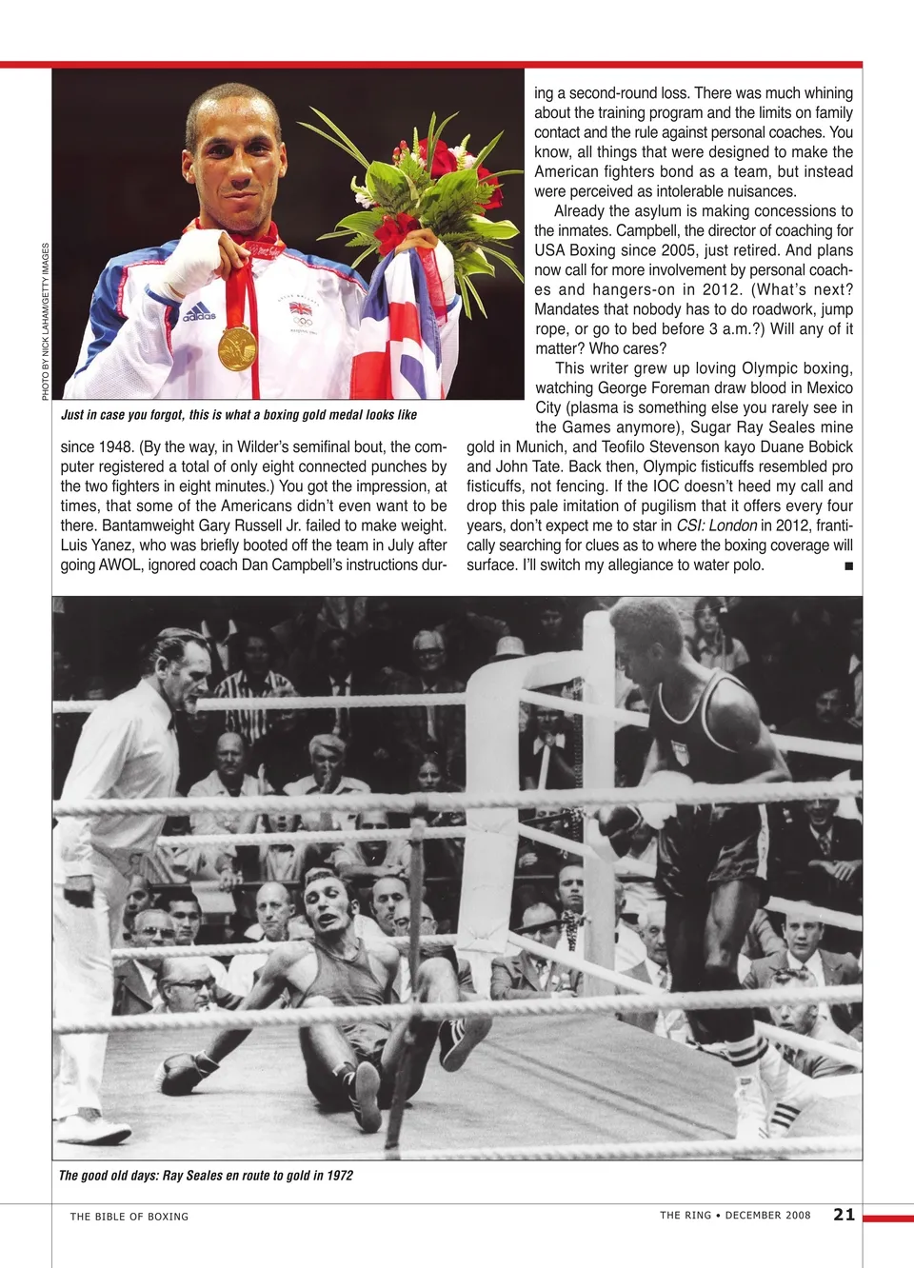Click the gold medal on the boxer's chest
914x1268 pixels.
tap(237, 347)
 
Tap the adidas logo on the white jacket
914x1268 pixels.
tap(200, 312)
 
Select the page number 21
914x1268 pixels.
tap(844, 1214)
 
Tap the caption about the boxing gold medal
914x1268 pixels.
tap(239, 415)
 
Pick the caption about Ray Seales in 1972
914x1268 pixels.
tap(206, 1176)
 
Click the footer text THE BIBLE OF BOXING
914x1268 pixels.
tap(129, 1217)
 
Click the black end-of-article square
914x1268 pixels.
tap(848, 566)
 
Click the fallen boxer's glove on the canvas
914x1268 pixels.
tap(184, 1073)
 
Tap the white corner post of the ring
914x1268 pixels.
tap(598, 723)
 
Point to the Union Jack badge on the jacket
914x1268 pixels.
tap(301, 308)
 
